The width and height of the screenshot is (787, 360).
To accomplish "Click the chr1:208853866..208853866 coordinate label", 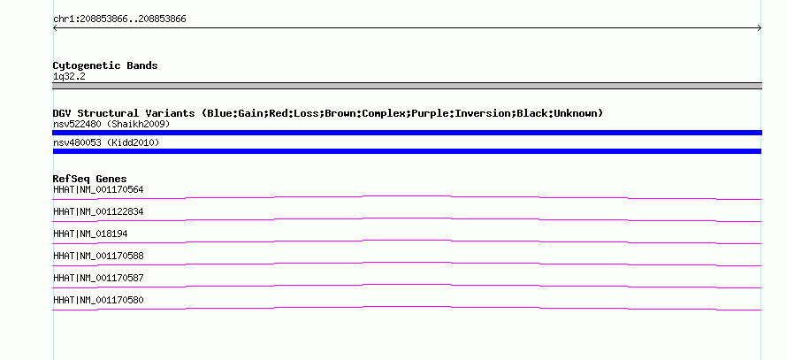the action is coord(119,19).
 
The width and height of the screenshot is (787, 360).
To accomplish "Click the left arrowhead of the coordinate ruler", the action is coord(54,28).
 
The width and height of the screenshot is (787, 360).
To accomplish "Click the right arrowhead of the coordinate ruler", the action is coord(760,28).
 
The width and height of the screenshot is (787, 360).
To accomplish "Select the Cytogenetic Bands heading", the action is coord(105,65).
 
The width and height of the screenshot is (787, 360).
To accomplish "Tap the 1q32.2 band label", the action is coord(69,77).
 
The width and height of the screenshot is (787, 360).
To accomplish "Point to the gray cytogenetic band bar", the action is coord(407,86).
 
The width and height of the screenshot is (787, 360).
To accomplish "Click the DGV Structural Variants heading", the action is coord(124,113).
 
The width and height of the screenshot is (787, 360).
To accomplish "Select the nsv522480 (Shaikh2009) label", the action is coord(111,124).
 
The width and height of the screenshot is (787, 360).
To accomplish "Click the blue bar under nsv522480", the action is coord(407,133).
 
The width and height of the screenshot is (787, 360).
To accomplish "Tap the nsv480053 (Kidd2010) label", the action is coord(106,143).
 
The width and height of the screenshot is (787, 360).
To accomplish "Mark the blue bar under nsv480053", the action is coord(407,151).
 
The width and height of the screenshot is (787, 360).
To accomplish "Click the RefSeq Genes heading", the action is coord(90,179).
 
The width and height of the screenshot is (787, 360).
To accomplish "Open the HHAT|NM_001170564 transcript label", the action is coord(98,190).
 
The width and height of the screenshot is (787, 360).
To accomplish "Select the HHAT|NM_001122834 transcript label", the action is coord(98,212).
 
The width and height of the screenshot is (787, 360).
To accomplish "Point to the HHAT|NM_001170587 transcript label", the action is coord(98,278).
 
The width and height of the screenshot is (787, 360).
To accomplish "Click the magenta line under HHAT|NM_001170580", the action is coord(407,309).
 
